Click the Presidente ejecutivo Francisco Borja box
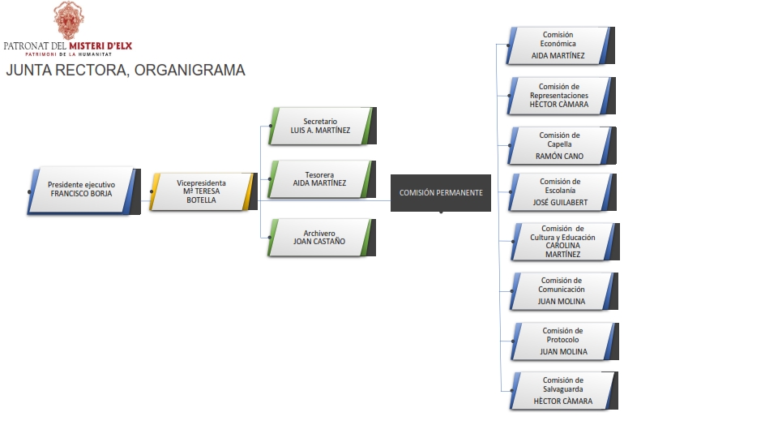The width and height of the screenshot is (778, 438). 81,190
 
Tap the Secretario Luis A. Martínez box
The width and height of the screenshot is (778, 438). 320,126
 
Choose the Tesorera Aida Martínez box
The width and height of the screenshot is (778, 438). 320,178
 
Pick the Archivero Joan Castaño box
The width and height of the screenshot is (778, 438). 320,237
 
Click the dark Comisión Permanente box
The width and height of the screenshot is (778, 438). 441,193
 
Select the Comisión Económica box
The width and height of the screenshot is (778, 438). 558,45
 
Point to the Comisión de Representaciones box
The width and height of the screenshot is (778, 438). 559,96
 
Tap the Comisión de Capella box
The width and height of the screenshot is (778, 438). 559,145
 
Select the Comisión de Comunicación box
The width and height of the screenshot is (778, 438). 561,290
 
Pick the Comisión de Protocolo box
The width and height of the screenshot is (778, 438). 562,341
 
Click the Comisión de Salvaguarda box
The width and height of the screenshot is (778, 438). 562,390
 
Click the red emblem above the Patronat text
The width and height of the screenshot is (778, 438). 67,19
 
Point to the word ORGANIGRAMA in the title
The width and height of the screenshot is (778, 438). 190,71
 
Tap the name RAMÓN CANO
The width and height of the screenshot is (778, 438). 559,156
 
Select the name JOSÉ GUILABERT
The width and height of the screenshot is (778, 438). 560,202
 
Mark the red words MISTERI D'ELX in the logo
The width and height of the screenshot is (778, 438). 100,46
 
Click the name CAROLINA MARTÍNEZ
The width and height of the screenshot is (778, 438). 562,249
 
